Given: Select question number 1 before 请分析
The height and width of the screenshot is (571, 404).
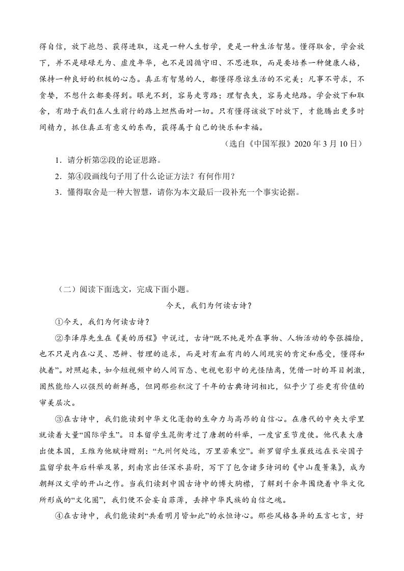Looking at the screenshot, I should (x=59, y=160).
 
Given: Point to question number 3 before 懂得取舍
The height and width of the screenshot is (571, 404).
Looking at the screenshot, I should (x=59, y=192).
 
